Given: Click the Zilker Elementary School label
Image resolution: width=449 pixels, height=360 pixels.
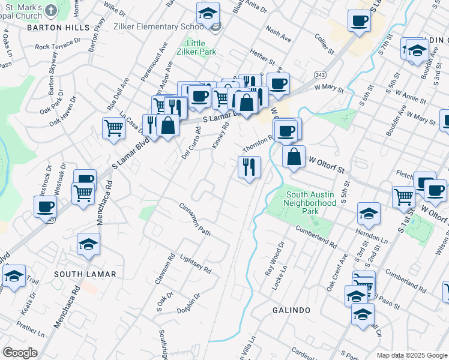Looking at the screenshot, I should tap(170, 27).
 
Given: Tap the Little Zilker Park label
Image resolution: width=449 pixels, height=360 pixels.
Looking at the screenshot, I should tap(195, 48).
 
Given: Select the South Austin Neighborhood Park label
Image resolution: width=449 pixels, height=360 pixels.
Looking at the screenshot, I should tap(311, 203).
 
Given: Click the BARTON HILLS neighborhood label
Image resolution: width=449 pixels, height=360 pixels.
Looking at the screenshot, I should tap(58, 28).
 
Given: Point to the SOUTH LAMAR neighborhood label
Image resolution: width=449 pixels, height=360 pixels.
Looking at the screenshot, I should tap(85, 274).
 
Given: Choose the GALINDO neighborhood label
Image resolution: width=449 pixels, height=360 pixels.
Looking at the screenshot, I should tap(291, 310).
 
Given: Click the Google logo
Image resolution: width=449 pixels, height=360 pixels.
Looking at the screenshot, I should tap(20, 353).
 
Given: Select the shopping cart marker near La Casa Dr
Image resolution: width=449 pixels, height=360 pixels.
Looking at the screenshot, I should tap(113, 128).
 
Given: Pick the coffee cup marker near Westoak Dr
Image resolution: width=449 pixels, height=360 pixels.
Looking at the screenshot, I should tap(45, 207).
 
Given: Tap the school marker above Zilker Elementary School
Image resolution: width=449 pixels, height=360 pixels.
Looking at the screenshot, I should tap(208, 13).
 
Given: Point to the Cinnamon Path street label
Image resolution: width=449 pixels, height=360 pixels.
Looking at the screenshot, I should tap(196, 219).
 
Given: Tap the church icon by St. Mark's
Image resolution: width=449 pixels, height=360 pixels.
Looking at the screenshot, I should tap(50, 10).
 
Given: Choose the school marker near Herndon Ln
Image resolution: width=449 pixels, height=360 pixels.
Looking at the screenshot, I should tap(369, 213).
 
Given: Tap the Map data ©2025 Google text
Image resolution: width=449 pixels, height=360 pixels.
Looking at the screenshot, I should tap(412, 355).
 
